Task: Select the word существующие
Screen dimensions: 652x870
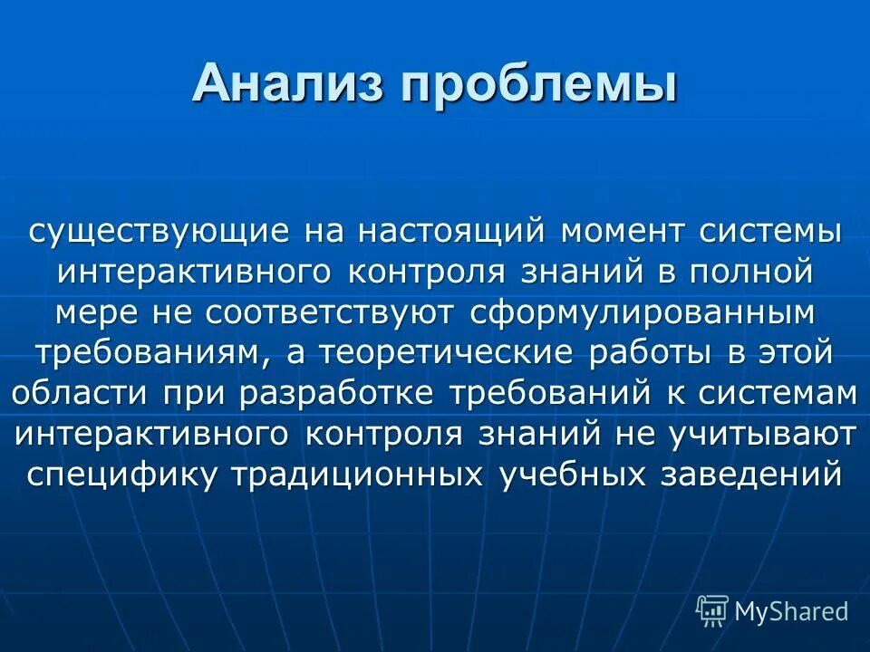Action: [159, 230]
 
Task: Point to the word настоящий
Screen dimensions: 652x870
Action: [450, 230]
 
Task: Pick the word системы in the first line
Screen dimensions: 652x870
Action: [770, 230]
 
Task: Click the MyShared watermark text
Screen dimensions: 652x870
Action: [791, 611]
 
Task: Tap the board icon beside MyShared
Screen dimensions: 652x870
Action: [712, 611]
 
